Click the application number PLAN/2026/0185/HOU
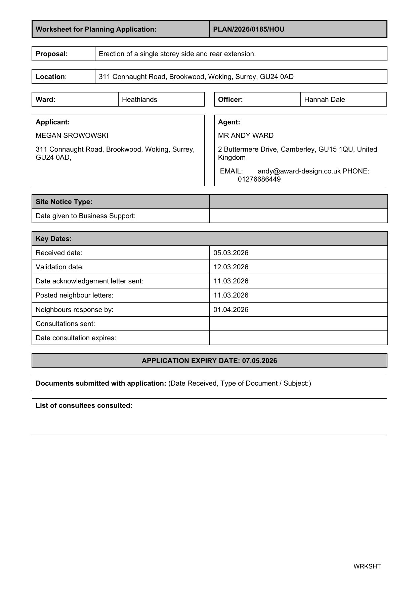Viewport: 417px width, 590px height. point(249,29)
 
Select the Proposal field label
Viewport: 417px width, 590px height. point(52,54)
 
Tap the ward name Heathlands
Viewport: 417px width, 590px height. point(139,100)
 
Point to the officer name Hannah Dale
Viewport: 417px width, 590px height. point(324,100)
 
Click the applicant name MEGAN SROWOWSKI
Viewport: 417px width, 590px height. point(72,135)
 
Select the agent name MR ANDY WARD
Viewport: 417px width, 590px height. point(246,135)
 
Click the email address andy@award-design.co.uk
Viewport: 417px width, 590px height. point(299,171)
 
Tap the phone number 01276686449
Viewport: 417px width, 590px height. point(259,179)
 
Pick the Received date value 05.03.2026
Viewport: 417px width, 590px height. point(231,253)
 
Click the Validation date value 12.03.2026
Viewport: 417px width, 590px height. point(231,267)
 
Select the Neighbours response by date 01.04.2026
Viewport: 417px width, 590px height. point(231,310)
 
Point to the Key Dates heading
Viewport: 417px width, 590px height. point(54,239)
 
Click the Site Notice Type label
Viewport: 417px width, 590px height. point(64,202)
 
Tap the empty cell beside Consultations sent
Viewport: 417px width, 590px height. point(298,324)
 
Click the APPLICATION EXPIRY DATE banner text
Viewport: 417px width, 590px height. point(209,361)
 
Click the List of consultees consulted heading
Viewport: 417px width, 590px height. point(84,405)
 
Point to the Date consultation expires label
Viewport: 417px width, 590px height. point(76,338)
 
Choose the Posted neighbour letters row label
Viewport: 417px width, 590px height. point(75,295)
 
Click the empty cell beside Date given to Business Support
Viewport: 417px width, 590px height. point(298,216)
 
